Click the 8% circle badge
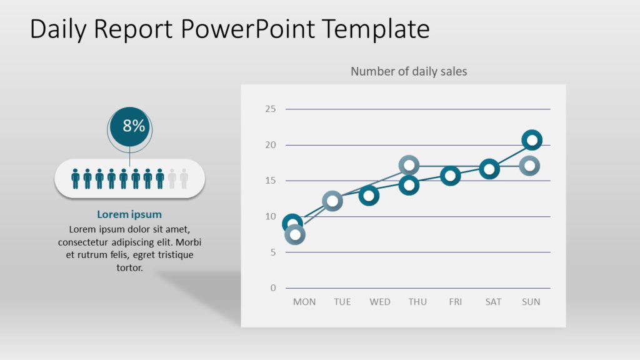click(x=130, y=126)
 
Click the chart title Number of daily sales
click(x=409, y=71)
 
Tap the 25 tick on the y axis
click(x=270, y=109)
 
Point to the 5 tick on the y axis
click(x=272, y=252)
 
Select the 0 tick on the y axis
click(x=272, y=288)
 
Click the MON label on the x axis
click(x=304, y=302)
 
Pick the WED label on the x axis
click(x=380, y=302)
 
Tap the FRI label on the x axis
click(x=456, y=302)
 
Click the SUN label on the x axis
click(x=531, y=302)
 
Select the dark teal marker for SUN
click(x=531, y=140)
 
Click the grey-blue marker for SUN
click(x=529, y=166)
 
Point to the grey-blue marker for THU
click(x=409, y=166)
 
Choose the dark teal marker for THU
click(x=409, y=185)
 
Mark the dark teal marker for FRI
click(x=450, y=176)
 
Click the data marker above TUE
click(x=332, y=201)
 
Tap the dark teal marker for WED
click(x=369, y=196)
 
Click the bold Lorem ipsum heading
click(x=129, y=214)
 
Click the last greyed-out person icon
click(x=184, y=179)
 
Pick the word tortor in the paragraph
click(x=129, y=267)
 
